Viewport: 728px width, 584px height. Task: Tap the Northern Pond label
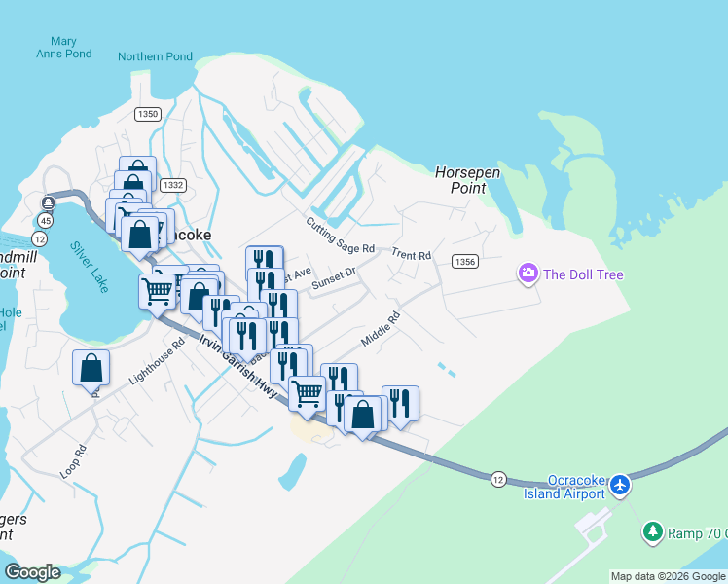pos(156,56)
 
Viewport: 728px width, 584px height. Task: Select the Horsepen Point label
pos(467,180)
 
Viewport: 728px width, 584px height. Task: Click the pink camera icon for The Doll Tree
pos(528,274)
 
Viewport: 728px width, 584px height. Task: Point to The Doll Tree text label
pos(583,274)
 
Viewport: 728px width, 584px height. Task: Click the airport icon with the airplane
pos(619,485)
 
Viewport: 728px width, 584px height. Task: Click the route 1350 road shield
pos(148,114)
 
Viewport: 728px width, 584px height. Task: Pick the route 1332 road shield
pos(172,185)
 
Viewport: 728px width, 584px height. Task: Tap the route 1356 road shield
pos(465,261)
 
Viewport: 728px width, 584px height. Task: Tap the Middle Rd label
pos(381,329)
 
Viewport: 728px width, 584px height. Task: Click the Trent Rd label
pos(411,255)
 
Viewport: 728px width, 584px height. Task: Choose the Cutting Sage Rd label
pos(340,237)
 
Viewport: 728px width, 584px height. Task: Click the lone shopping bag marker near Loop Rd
pos(91,369)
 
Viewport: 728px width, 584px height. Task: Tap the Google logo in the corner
pos(32,572)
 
